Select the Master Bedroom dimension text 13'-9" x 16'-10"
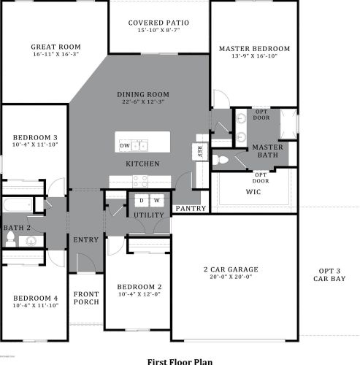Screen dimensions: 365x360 254,58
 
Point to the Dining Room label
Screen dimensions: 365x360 143,94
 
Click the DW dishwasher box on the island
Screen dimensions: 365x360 125,146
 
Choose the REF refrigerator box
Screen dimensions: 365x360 199,151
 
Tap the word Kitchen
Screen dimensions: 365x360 142,164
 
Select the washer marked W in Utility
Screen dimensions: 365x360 156,200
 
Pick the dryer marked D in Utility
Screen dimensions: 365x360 140,200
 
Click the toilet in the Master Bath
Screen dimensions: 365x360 226,159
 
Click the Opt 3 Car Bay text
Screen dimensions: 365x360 326,274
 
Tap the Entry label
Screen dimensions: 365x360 85,239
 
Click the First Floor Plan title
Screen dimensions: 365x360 180,361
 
